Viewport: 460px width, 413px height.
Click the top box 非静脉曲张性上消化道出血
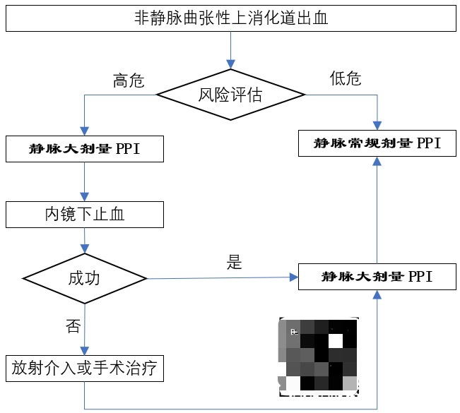click(x=230, y=18)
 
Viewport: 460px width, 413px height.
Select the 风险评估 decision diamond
click(x=230, y=95)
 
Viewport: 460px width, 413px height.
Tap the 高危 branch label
click(x=129, y=80)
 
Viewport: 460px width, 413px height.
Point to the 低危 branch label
click(x=346, y=78)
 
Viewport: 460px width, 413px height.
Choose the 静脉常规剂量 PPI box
click(x=377, y=143)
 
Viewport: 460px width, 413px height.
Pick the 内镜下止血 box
click(x=85, y=215)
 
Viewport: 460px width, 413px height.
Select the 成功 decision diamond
click(x=85, y=278)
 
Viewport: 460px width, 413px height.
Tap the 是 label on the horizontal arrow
click(x=234, y=264)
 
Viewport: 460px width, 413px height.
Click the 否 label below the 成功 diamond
click(x=73, y=325)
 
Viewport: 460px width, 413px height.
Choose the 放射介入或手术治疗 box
click(x=84, y=368)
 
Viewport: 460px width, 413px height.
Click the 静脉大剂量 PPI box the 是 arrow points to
click(x=377, y=277)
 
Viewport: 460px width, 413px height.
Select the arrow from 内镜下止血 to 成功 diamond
click(x=85, y=239)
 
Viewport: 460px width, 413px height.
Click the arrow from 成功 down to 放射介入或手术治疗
click(x=85, y=328)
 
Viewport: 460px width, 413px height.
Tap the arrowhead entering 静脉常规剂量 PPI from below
click(x=377, y=162)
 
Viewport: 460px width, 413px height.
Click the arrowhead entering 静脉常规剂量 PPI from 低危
click(x=377, y=126)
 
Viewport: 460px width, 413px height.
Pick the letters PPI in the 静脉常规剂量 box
click(x=429, y=143)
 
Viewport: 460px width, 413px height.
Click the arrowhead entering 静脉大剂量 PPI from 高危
click(x=85, y=131)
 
